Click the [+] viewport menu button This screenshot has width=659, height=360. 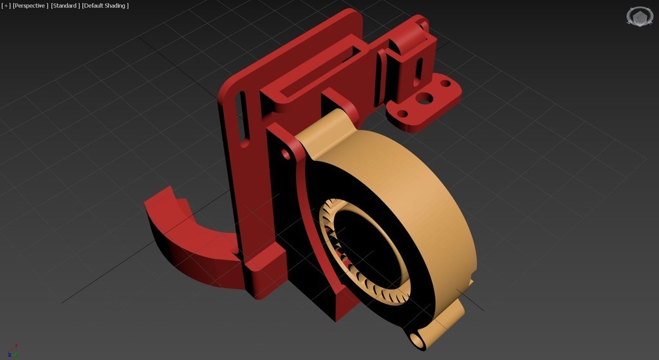[6, 6]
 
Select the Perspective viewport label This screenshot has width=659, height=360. [30, 6]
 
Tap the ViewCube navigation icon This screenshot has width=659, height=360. [639, 16]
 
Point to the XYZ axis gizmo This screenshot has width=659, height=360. [14, 350]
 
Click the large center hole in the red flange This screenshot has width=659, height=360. [424, 98]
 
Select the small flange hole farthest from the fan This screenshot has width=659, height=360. [444, 83]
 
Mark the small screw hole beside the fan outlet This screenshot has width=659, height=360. [284, 155]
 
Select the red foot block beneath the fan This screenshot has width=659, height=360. [335, 303]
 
